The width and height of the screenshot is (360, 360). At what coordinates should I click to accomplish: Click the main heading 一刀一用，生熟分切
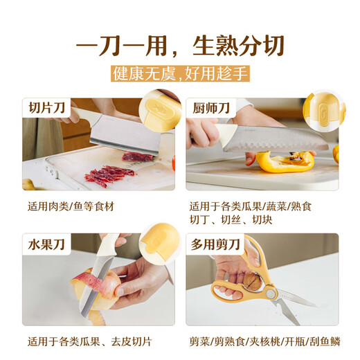click(x=179, y=45)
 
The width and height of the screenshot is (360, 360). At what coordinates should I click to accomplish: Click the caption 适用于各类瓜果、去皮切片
click(x=89, y=341)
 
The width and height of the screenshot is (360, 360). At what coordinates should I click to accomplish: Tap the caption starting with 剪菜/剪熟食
click(x=263, y=341)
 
